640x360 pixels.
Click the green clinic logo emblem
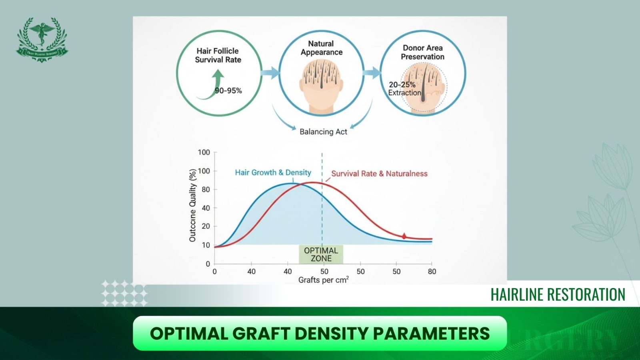[x=42, y=39]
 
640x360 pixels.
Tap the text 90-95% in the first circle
[x=228, y=91]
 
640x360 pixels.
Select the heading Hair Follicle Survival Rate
[x=218, y=55]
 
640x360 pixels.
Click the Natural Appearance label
[x=321, y=48]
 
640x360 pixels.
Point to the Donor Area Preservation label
[x=422, y=52]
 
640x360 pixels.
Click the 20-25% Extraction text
[x=404, y=89]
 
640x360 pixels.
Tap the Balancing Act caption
[x=323, y=132]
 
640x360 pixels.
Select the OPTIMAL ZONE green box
[x=321, y=254]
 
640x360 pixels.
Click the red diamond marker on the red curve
[x=404, y=236]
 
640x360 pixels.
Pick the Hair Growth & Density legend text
[x=273, y=172]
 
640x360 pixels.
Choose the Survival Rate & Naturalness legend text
[x=379, y=174]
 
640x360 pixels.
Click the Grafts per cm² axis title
[x=323, y=280]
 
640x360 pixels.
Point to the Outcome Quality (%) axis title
[x=192, y=205]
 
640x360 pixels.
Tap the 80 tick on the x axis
[x=432, y=272]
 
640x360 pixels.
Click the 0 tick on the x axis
[x=215, y=272]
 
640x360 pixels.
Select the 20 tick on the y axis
[x=206, y=226]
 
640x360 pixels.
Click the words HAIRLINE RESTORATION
[x=558, y=295]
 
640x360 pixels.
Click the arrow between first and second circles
[x=270, y=73]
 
